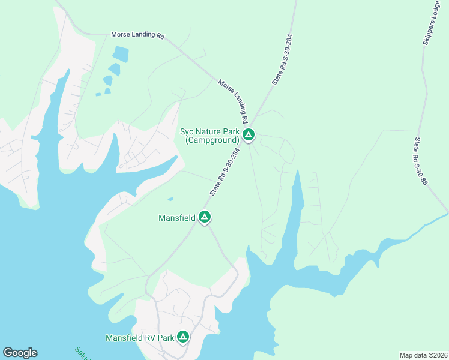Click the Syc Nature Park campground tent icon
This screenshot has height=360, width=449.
[x=249, y=135]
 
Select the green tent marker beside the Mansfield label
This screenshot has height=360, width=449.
[x=205, y=217]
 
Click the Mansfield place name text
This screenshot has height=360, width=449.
[x=176, y=218]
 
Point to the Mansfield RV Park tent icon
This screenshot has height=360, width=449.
[x=183, y=337]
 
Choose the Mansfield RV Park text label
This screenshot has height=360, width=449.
[x=139, y=338]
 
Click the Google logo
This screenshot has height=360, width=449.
[x=20, y=353]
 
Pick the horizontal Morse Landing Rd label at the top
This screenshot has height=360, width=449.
[x=137, y=35]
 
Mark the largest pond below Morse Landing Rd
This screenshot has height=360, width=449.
[x=120, y=54]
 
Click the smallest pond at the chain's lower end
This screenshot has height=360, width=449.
[x=98, y=94]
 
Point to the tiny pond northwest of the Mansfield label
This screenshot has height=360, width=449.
[x=171, y=199]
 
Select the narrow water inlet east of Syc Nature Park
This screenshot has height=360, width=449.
[x=296, y=204]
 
